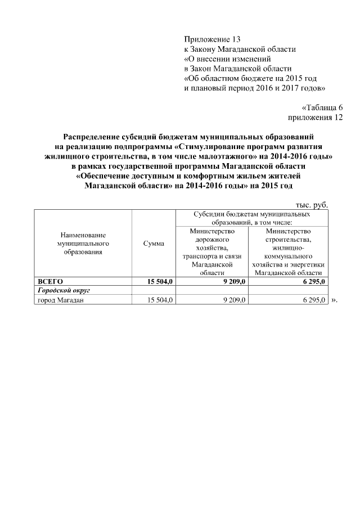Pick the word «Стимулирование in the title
point(202,146)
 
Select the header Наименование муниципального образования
point(83,244)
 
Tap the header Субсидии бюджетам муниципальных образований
point(251,219)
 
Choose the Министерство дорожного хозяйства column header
point(212,251)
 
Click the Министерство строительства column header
point(289,251)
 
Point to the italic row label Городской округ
point(64,291)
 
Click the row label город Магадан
point(61,300)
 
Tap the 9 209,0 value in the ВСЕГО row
point(234,281)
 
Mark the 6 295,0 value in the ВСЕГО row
point(311,281)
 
